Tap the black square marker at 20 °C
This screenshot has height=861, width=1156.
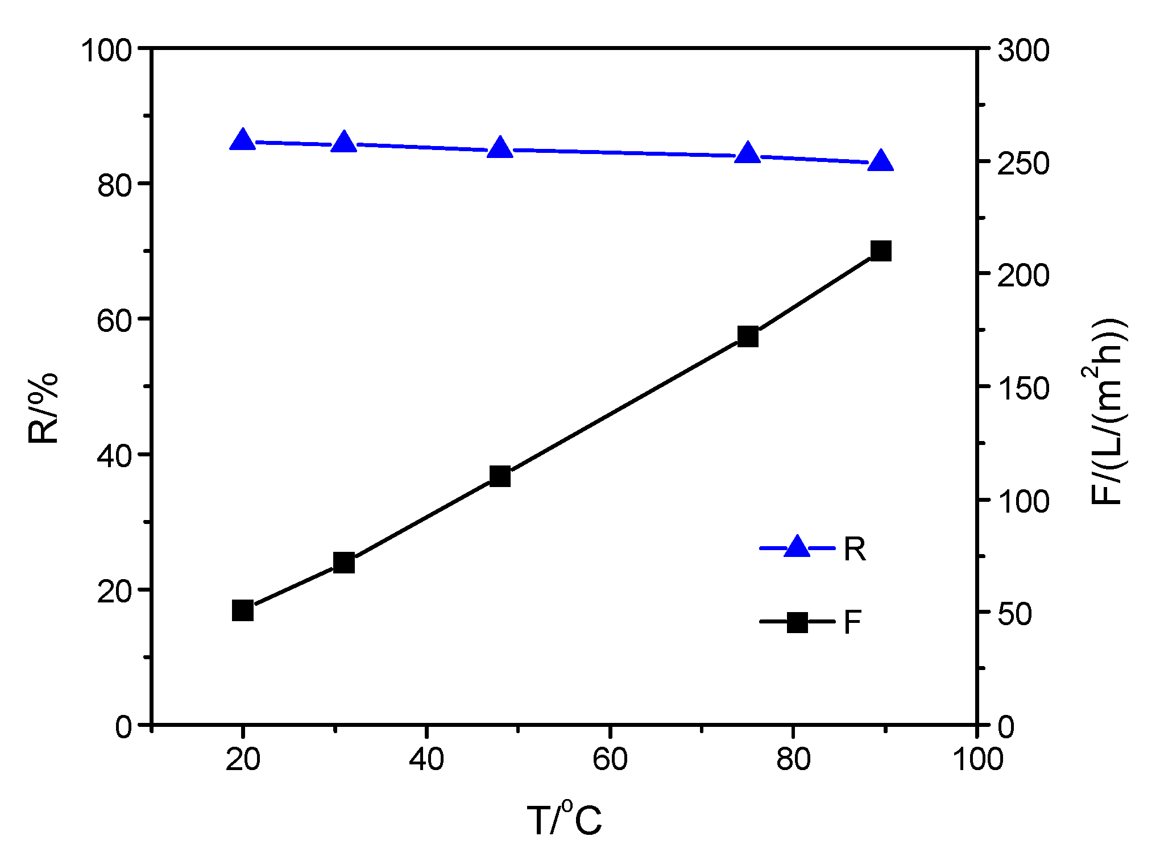[x=243, y=610]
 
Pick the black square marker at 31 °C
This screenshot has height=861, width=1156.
[x=343, y=563]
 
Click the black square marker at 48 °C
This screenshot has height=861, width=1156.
[x=500, y=476]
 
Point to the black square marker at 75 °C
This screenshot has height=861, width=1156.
[x=748, y=336]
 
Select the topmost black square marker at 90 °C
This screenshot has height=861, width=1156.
[x=881, y=251]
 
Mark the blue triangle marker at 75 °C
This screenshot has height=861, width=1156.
[x=748, y=154]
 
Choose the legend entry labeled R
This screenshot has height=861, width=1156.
[x=813, y=548]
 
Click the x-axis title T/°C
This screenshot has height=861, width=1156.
[x=564, y=819]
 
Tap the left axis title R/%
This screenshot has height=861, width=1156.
[x=43, y=407]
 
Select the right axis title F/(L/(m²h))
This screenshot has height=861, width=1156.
[x=1108, y=411]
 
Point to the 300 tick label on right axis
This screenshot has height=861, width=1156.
[x=1023, y=50]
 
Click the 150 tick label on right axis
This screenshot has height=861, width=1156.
[x=1023, y=389]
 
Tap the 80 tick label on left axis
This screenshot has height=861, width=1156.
[x=114, y=185]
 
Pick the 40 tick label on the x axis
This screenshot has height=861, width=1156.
[x=426, y=759]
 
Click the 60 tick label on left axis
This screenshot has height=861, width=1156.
[x=114, y=320]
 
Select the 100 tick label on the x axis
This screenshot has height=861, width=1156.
[x=977, y=759]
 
